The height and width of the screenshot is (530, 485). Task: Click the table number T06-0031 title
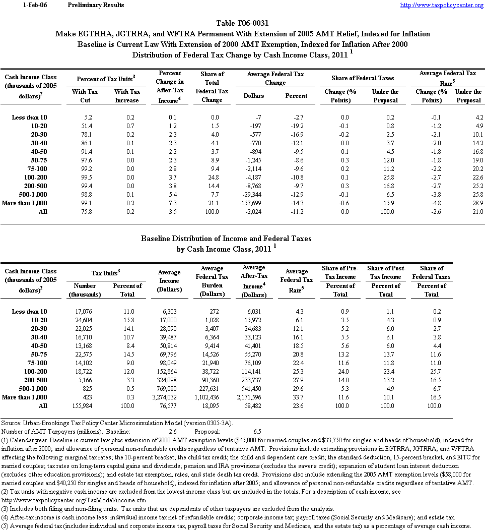[x=242, y=23]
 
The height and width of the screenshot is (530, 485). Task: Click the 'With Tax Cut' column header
[x=85, y=96]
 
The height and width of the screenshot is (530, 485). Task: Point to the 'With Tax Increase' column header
[x=127, y=96]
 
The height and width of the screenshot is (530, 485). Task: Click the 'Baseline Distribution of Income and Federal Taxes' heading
[x=226, y=238]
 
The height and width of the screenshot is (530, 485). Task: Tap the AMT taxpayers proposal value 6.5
[x=256, y=431]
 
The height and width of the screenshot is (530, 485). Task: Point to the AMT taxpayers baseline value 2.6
[x=172, y=431]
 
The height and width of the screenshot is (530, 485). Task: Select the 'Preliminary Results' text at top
[x=95, y=5]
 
